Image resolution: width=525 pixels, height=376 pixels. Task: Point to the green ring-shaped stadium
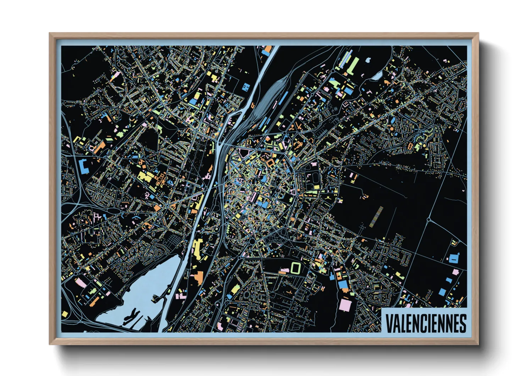click(x=295, y=268)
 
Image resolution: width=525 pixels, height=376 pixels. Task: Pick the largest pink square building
click(x=345, y=305)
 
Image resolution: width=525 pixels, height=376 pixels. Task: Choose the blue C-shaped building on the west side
click(x=84, y=166)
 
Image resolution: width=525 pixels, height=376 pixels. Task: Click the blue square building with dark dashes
click(x=246, y=87)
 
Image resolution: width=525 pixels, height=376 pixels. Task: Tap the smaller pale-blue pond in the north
click(x=368, y=60)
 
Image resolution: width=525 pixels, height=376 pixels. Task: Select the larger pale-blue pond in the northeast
click(x=377, y=75)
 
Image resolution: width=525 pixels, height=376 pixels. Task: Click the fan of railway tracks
click(x=270, y=96)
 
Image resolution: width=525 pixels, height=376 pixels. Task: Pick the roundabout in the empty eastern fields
click(x=429, y=220)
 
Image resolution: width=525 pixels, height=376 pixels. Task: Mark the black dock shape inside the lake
click(x=133, y=315)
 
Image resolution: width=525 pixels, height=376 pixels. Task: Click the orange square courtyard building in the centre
click(x=270, y=163)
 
